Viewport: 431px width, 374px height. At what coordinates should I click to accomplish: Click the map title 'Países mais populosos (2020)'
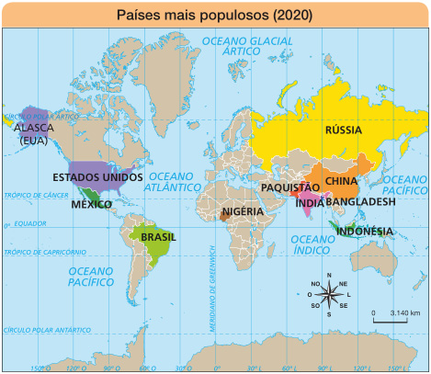pos(215,16)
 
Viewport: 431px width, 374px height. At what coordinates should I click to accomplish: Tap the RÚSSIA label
pos(342,130)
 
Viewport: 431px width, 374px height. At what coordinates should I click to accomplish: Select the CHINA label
pos(342,181)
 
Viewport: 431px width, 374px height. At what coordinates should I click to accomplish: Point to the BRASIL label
pos(158,236)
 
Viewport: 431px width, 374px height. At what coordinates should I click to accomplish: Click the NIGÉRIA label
pos(244,211)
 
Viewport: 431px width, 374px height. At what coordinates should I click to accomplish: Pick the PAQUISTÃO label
pos(289,187)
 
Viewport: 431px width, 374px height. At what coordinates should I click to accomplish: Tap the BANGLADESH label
pos(361,201)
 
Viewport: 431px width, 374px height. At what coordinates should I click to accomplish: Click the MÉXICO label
pos(92,204)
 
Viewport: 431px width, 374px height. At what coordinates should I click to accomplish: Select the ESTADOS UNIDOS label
pos(97,176)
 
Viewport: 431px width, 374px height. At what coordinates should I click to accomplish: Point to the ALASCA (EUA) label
pos(34,134)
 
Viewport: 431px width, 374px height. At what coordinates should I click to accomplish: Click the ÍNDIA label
pos(308,203)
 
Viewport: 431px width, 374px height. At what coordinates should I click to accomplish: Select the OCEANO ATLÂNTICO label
pos(178,180)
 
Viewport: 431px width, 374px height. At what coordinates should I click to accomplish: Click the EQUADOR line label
pos(30,223)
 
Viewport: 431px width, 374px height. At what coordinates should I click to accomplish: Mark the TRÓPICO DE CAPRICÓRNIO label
pos(44,251)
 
